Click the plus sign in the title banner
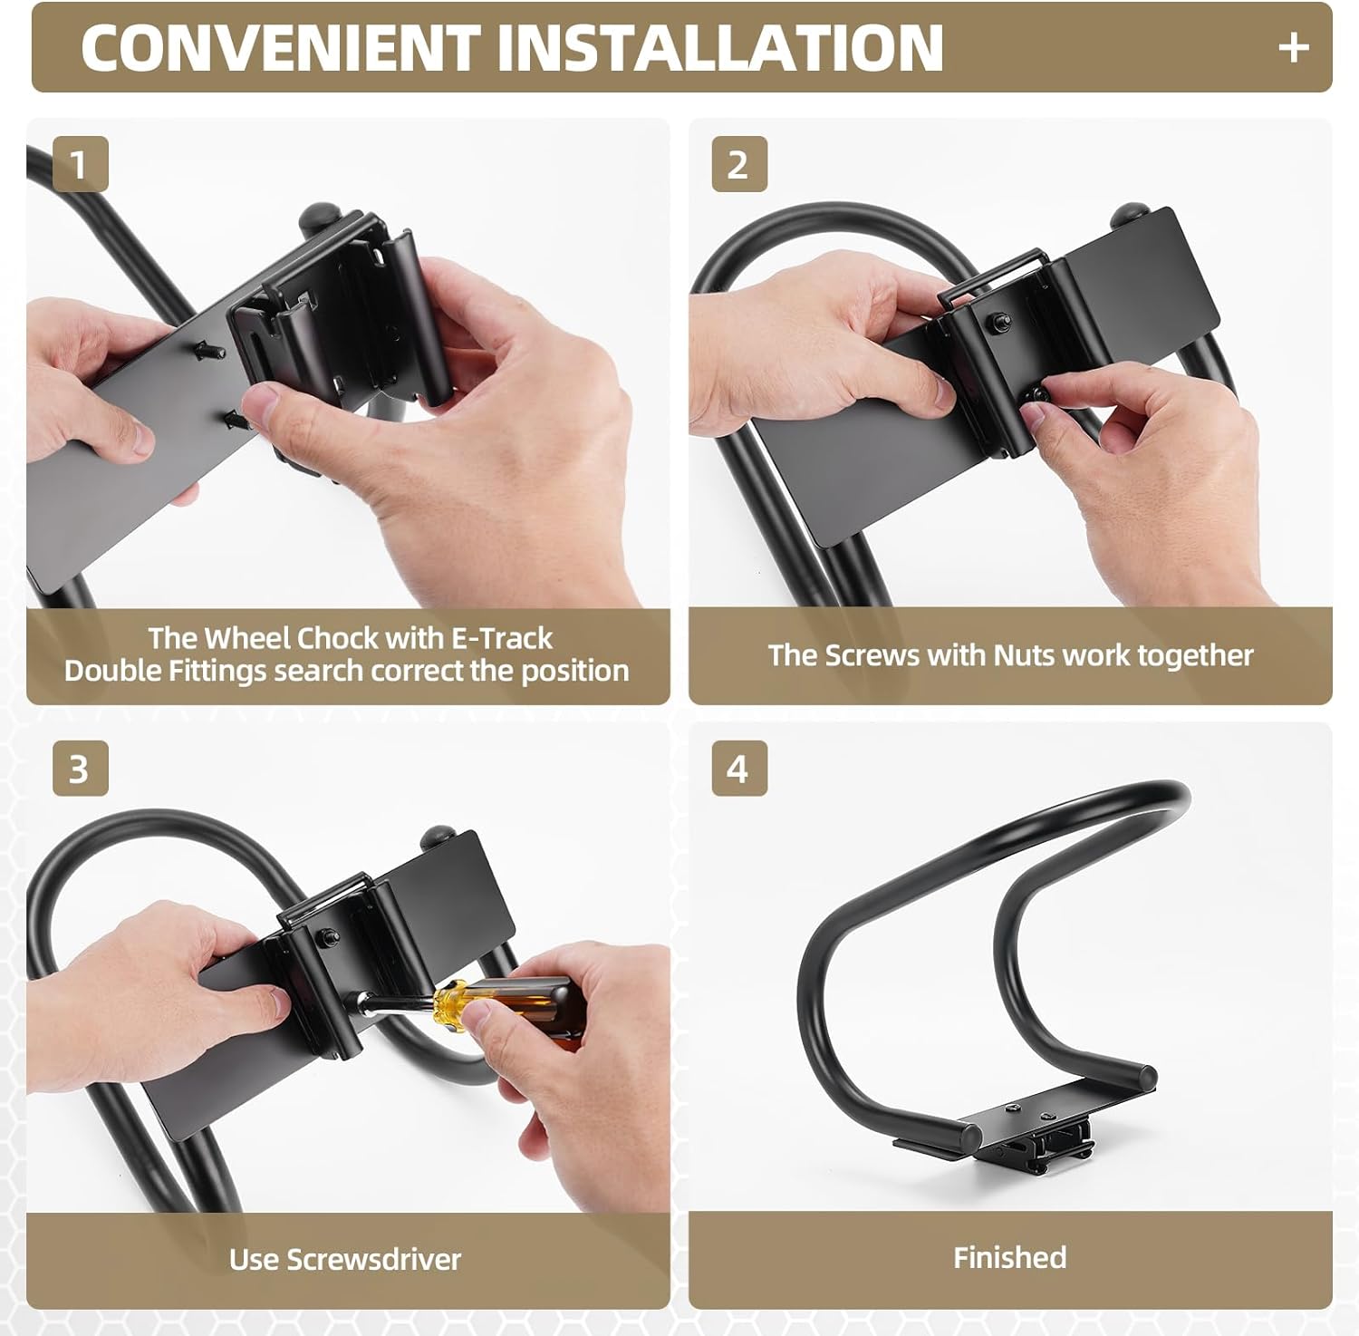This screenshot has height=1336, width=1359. [x=1293, y=47]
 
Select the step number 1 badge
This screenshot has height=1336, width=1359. [x=81, y=164]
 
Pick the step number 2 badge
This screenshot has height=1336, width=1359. [x=739, y=164]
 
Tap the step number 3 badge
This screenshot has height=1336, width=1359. [x=81, y=769]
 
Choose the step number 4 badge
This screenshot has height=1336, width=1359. [x=739, y=769]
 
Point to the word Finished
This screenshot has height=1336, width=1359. [x=1009, y=1257]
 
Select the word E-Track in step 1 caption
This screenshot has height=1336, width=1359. [x=501, y=638]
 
